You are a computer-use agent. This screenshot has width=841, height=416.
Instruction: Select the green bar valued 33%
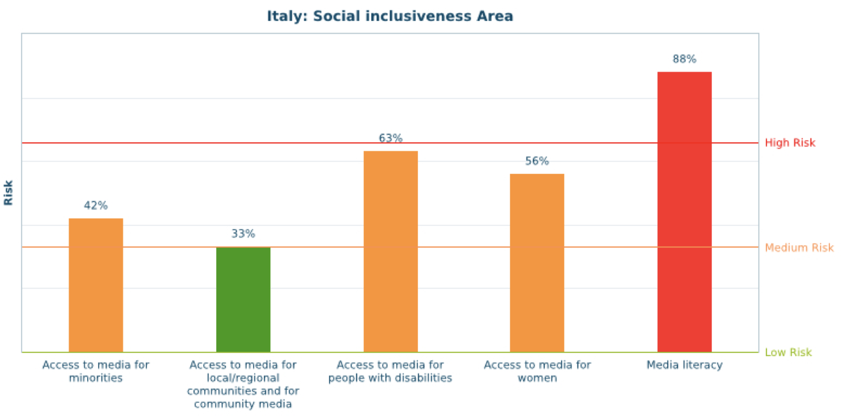pos(243,299)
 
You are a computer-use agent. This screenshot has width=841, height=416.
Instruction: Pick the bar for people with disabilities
pos(391,252)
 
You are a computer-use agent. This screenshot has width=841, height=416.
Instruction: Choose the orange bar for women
pos(537,263)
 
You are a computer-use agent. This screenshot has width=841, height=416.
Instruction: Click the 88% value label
pos(684,59)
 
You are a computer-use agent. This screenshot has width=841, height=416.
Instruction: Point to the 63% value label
pos(391,138)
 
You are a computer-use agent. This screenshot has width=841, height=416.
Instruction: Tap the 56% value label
pos(537,161)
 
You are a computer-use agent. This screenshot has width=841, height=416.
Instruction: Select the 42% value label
pos(96,205)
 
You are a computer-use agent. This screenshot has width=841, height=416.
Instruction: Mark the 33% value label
pos(243,234)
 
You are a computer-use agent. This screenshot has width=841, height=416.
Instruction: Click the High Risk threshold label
pos(790,143)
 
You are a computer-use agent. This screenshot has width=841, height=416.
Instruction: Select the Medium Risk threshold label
pos(798,247)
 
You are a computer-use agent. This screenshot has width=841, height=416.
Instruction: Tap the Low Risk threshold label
pos(788,352)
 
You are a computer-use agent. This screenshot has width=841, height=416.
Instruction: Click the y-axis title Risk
pos(8,193)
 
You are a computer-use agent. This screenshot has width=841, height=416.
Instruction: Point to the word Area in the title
pos(495,16)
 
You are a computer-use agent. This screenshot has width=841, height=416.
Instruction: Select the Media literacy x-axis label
pos(684,365)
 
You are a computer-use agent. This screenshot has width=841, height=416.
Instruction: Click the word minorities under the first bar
pos(96,378)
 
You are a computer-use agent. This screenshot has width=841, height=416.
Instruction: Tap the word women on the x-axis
pos(537,378)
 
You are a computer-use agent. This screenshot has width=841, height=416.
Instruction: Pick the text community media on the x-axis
pos(243,404)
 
